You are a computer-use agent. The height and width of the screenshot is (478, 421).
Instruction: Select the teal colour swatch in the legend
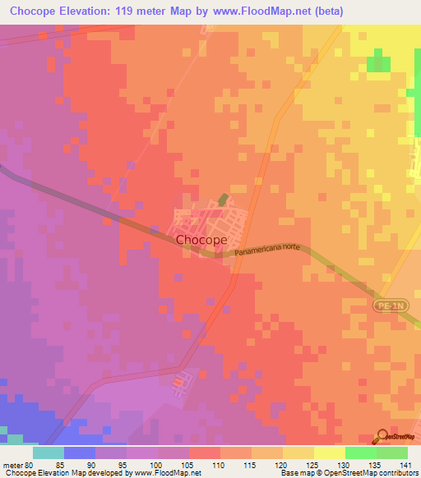point(49,452)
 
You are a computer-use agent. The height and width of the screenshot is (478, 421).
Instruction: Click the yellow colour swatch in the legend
point(329,452)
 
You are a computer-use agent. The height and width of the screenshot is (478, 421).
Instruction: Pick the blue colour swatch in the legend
point(80,452)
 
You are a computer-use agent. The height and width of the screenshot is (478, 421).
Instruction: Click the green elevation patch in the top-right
point(379,64)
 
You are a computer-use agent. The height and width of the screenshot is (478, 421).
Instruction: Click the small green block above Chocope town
point(223,200)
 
